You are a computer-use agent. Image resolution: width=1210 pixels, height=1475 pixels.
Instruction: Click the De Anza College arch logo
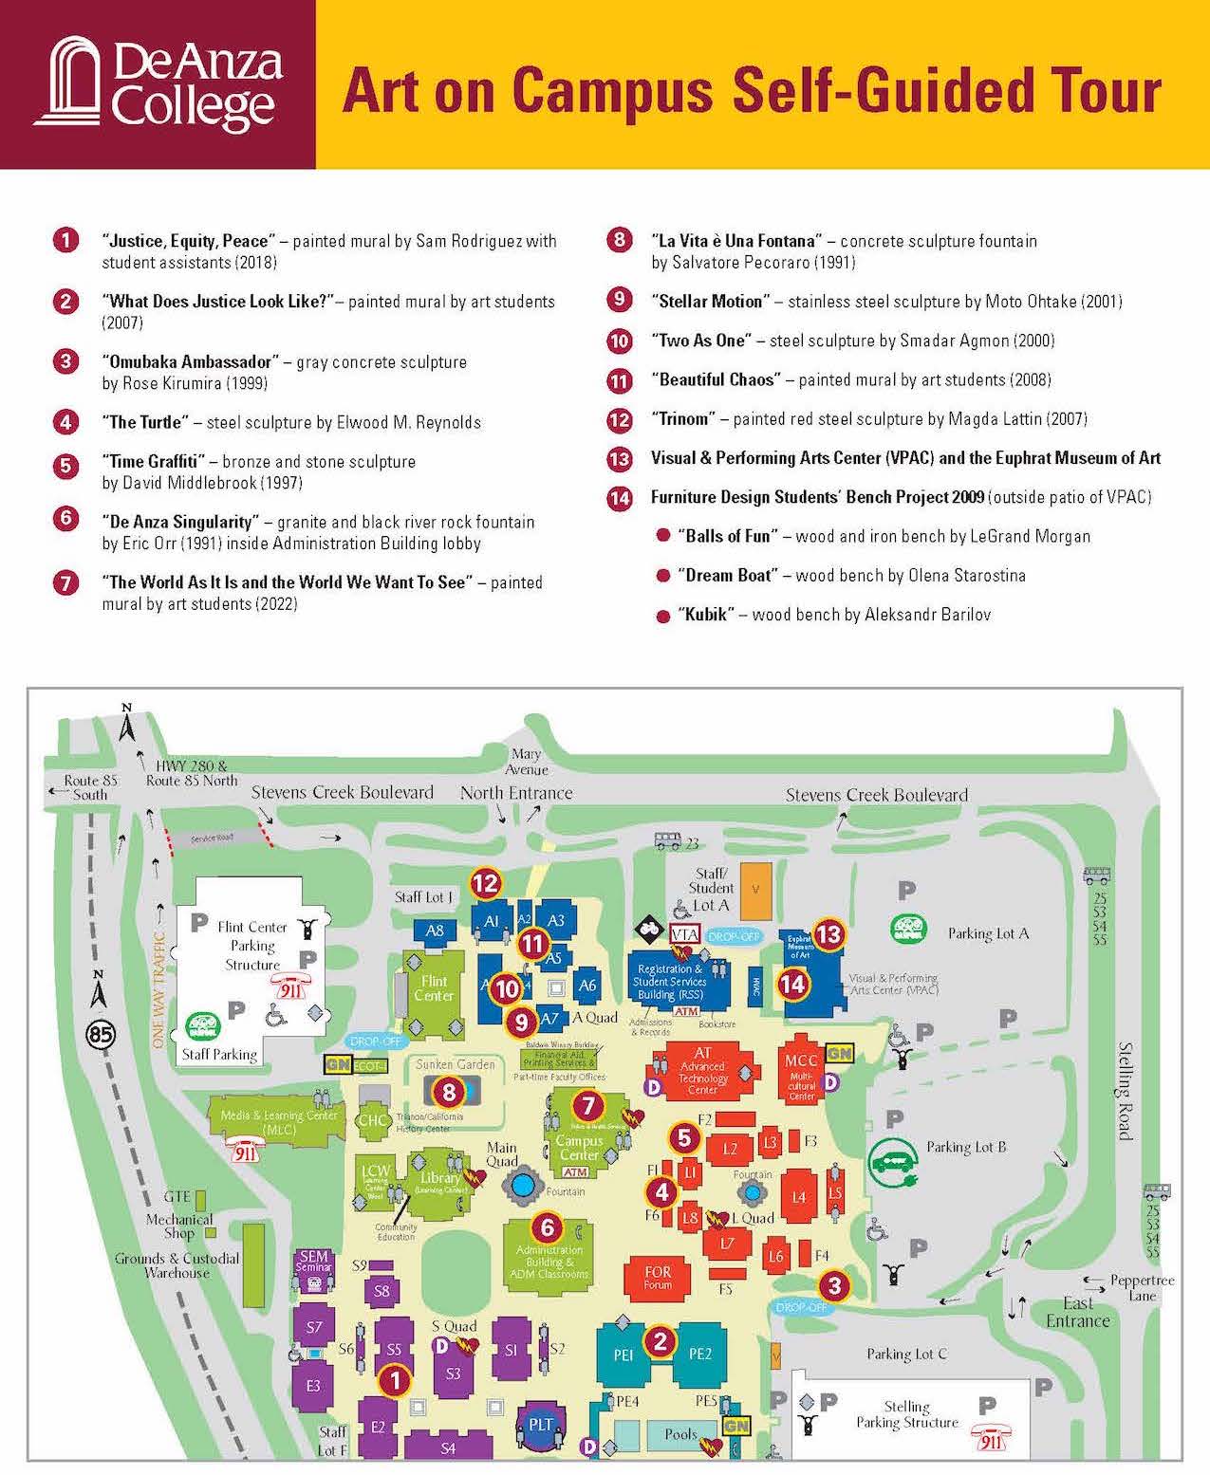[x=72, y=83]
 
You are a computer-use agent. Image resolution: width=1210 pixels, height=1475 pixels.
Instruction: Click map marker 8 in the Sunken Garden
[x=449, y=1092]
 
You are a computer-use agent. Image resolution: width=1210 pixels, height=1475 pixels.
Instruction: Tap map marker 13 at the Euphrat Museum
[x=828, y=934]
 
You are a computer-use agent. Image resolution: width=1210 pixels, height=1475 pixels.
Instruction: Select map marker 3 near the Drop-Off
[x=834, y=1286]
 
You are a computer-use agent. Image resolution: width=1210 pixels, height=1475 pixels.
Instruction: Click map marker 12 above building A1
[x=486, y=884]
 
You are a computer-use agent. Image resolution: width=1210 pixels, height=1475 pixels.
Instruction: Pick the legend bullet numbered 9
[x=619, y=301]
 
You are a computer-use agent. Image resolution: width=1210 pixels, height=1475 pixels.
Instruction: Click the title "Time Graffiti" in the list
[x=153, y=462]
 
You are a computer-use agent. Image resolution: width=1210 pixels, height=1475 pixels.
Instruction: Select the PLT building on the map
[x=540, y=1424]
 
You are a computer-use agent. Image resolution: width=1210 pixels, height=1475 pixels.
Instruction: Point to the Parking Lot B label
[x=966, y=1147]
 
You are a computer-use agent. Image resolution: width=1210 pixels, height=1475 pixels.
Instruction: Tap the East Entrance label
[x=1077, y=1313]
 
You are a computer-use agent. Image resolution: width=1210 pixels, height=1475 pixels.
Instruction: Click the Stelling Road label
[x=1125, y=1091]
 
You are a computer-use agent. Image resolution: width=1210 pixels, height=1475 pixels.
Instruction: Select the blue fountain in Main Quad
[x=521, y=1184]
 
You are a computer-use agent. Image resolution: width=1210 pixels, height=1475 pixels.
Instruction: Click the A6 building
[x=587, y=986]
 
